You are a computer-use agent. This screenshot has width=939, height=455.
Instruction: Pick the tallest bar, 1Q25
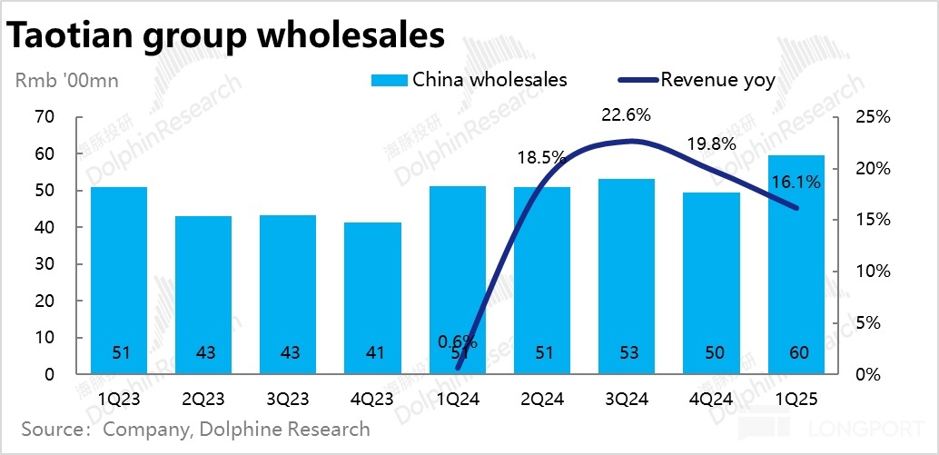click(x=796, y=263)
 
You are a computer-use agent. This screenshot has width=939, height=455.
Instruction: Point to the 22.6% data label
click(x=627, y=115)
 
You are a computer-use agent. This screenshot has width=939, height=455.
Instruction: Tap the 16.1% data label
click(x=796, y=182)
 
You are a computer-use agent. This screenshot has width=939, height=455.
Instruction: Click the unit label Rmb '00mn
click(x=67, y=80)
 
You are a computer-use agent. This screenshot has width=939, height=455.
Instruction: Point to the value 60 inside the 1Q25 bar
click(x=796, y=353)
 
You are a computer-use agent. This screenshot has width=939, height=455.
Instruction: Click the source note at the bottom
click(x=196, y=429)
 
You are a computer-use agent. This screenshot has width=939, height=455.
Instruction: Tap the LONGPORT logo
click(x=834, y=430)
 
